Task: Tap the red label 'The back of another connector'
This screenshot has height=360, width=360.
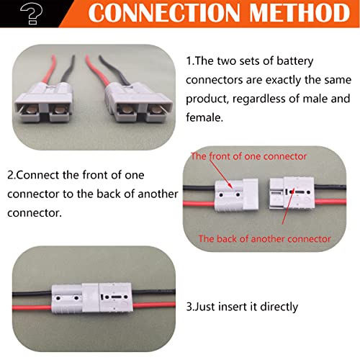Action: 264,238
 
